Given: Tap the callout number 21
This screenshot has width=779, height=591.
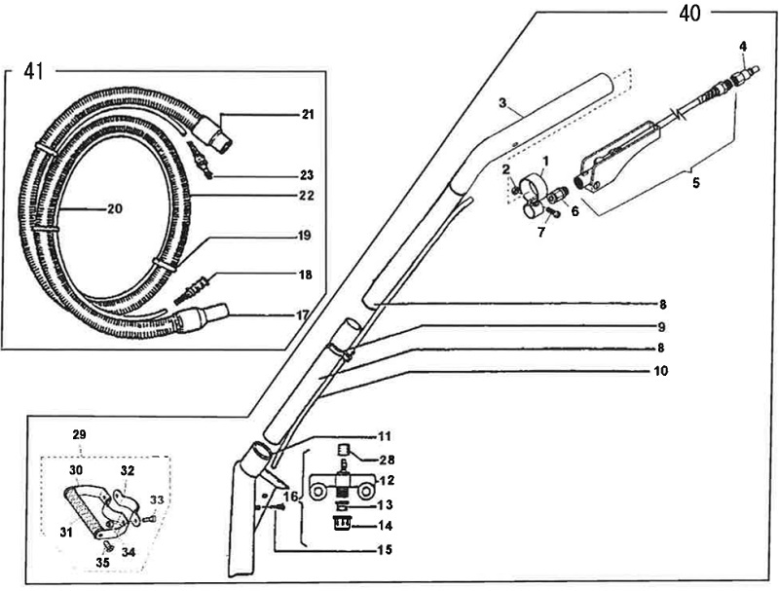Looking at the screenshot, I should point(308,115).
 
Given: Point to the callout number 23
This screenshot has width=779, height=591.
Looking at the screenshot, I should point(308,175).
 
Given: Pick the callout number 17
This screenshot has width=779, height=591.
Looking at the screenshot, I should point(308,314).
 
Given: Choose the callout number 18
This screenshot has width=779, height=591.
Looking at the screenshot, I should point(307,276).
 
